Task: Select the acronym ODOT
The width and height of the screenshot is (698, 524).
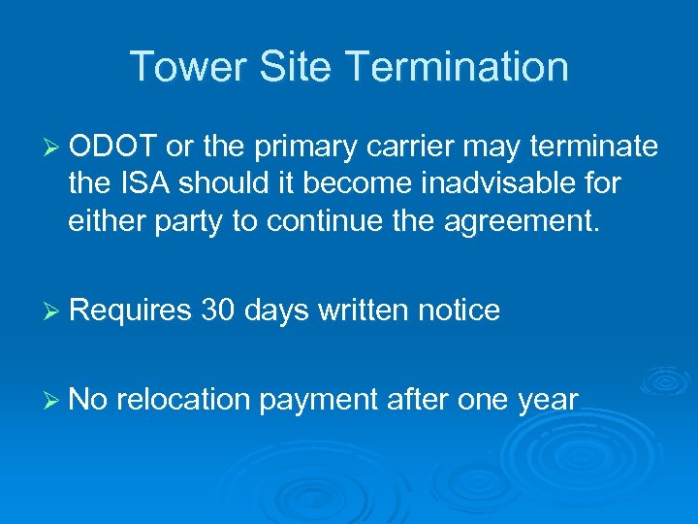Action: click(x=113, y=147)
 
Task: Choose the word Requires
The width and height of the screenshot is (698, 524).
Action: click(x=131, y=311)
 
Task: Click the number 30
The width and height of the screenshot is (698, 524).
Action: click(x=218, y=310)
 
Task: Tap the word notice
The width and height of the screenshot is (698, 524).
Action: click(x=459, y=310)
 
